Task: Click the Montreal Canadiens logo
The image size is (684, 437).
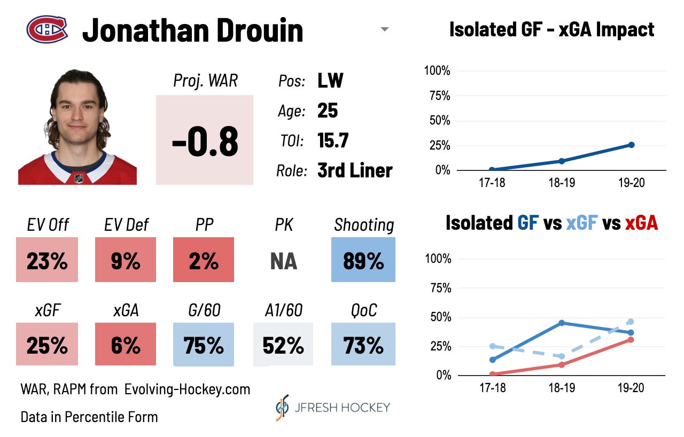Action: [x=47, y=29]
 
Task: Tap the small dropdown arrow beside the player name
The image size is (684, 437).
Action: [x=384, y=30]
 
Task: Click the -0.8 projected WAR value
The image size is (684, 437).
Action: [x=205, y=142]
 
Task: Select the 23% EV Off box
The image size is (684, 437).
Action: [x=47, y=260]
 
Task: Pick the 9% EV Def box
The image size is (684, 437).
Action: [x=126, y=260]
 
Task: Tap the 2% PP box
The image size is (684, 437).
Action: [x=204, y=260]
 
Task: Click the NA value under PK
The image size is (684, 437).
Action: [x=283, y=261]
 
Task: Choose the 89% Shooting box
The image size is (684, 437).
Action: [x=363, y=260]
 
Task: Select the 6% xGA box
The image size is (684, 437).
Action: [x=126, y=345]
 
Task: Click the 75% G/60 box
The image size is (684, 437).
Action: [x=204, y=345]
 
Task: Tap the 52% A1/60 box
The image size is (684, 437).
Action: [x=283, y=345]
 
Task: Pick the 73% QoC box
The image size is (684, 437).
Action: [x=363, y=345]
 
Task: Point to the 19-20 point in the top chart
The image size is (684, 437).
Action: [x=631, y=145]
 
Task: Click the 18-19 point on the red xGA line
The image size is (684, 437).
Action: [x=562, y=365]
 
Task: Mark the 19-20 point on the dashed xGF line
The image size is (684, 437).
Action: [x=631, y=322]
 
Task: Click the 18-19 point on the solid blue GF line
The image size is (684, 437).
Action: [x=562, y=323]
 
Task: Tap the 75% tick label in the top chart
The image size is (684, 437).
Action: [x=437, y=96]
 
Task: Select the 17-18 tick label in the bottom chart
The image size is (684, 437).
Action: [x=492, y=388]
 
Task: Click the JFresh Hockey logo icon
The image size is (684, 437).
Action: [x=282, y=407]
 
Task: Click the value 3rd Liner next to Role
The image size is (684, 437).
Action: [x=355, y=170]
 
